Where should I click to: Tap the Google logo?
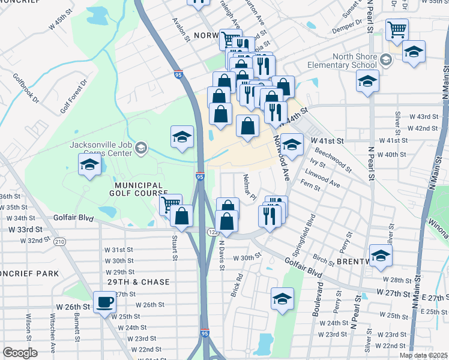19,353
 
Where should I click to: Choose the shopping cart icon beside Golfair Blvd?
170,205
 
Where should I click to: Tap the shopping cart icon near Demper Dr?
397,29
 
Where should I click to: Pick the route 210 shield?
59,241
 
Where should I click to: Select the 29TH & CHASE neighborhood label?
139,282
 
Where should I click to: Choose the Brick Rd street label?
237,285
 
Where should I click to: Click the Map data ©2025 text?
423,355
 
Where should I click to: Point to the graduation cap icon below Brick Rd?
282,299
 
